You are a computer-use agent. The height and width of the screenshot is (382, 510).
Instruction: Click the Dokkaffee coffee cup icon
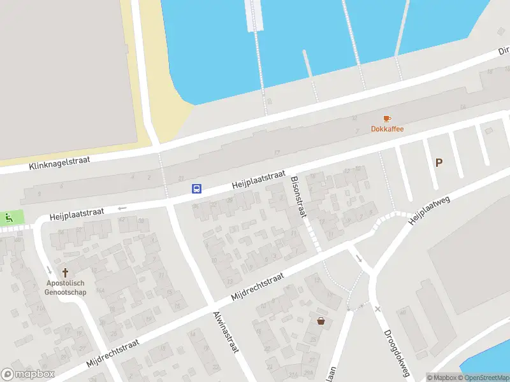[x=387, y=118]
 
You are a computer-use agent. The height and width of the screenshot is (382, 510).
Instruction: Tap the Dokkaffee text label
[x=387, y=129]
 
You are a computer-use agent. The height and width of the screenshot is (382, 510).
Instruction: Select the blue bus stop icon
[x=197, y=188]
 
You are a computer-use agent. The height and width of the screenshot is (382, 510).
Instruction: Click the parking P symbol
[x=439, y=163]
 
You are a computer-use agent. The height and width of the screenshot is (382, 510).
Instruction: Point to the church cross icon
[x=64, y=272]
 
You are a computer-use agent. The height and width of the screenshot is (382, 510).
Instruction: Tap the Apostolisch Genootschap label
[x=64, y=288]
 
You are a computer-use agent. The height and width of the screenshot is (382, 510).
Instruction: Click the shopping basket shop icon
[x=321, y=321]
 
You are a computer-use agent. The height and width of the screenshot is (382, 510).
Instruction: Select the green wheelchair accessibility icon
[x=8, y=217]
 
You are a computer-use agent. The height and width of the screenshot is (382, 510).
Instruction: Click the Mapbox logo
[x=28, y=374]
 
